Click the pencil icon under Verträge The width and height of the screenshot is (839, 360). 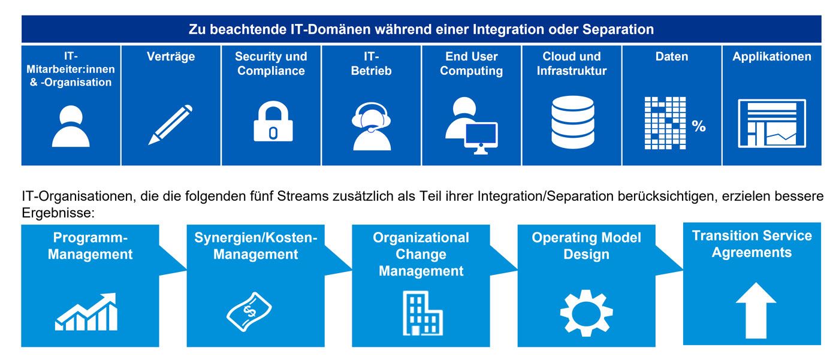(x=171, y=125)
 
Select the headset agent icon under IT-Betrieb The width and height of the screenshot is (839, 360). (x=372, y=126)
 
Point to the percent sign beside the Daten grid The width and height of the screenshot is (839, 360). (x=699, y=126)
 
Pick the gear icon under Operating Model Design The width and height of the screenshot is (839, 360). (x=586, y=313)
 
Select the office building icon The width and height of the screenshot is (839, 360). (x=422, y=313)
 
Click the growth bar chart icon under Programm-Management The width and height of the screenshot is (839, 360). (x=86, y=312)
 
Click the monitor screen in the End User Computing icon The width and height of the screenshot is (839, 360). (x=481, y=136)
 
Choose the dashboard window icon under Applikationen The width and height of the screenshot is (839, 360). (x=772, y=123)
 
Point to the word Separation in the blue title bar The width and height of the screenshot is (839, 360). (x=621, y=29)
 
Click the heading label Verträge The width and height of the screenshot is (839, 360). (x=171, y=57)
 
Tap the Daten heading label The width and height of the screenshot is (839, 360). (x=672, y=57)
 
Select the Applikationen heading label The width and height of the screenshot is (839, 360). (x=772, y=57)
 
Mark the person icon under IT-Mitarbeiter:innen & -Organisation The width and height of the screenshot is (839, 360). (x=71, y=126)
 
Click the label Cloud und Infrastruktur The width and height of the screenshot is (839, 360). (x=572, y=63)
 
